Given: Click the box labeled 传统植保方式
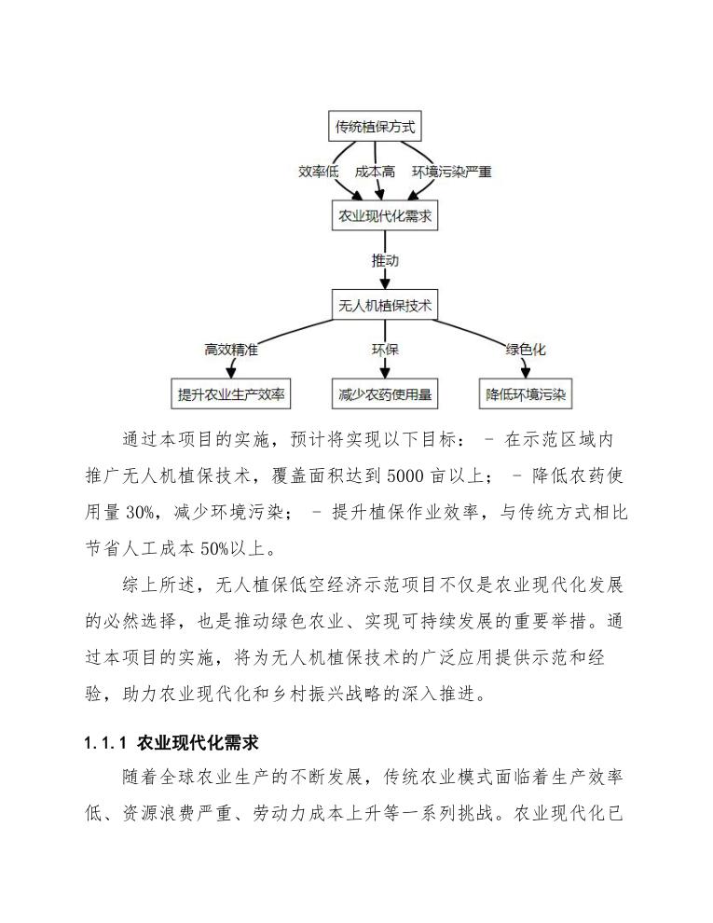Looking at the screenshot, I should (x=376, y=127).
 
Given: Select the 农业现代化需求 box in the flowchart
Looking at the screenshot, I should (x=385, y=217).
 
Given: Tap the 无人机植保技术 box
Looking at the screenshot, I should (x=385, y=304).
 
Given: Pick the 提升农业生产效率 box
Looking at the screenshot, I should (x=233, y=394).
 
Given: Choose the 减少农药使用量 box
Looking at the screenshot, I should (x=385, y=394).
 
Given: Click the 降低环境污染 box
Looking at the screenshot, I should (x=526, y=394).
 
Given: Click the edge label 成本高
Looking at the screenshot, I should (x=375, y=172).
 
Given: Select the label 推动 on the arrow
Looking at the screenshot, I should (x=385, y=260).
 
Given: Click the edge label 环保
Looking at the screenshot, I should (x=385, y=350).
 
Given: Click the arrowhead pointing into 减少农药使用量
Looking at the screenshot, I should (x=385, y=373).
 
